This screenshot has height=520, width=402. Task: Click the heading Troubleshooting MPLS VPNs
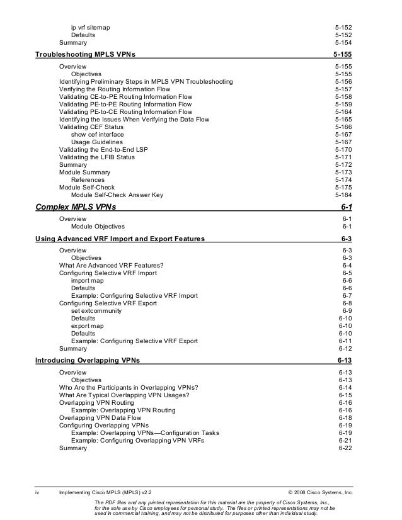(89, 55)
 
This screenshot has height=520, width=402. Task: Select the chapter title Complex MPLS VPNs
(76, 206)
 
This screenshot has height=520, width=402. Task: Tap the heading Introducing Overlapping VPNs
(88, 361)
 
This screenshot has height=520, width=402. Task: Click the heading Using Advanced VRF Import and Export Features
(120, 239)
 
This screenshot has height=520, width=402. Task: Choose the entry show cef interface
(97, 134)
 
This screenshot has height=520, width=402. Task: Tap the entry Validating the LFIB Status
(96, 157)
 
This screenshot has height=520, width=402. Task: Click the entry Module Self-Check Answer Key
(117, 195)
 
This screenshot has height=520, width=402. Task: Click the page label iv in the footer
(38, 491)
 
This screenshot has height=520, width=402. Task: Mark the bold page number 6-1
(347, 206)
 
